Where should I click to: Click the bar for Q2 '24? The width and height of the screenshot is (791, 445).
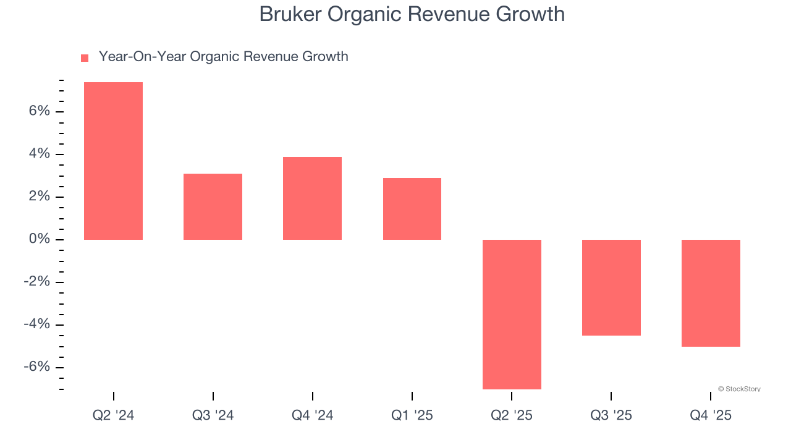click(x=113, y=161)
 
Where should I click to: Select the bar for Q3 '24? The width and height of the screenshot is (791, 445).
click(x=213, y=206)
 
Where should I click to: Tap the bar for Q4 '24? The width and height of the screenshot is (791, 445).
click(x=312, y=198)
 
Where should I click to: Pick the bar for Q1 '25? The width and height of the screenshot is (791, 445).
click(x=412, y=209)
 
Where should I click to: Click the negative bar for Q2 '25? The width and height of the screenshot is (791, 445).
click(x=512, y=314)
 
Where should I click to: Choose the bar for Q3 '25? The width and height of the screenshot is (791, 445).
click(x=611, y=287)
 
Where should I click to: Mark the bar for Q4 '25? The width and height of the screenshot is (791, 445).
click(x=711, y=293)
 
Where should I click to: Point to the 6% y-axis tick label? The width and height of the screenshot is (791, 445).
click(x=39, y=111)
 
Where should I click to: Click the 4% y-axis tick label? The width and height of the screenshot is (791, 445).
click(x=39, y=154)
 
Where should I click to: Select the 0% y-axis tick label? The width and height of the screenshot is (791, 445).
click(x=39, y=239)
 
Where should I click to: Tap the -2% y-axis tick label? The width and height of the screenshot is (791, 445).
click(x=36, y=282)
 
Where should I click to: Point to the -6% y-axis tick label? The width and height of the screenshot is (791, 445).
click(x=36, y=367)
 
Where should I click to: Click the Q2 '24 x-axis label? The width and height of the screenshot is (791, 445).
click(x=113, y=415)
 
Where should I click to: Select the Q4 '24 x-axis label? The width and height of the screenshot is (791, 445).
click(x=312, y=415)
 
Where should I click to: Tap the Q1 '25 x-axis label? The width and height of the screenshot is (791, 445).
click(x=412, y=415)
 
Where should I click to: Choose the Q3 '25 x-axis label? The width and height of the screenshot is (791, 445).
click(x=611, y=415)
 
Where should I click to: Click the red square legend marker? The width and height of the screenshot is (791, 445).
click(x=85, y=57)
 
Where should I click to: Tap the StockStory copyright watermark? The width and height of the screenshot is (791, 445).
click(x=739, y=389)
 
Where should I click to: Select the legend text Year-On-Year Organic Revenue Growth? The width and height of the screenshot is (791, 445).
click(x=223, y=57)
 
